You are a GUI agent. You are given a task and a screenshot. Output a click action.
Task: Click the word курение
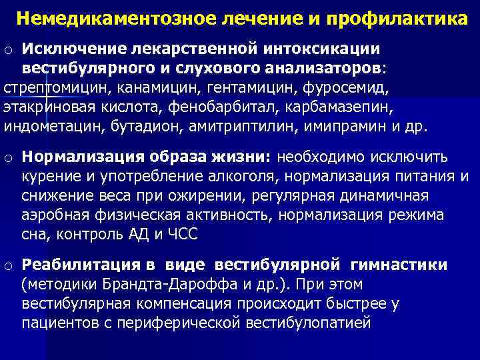click(x=50, y=177)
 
